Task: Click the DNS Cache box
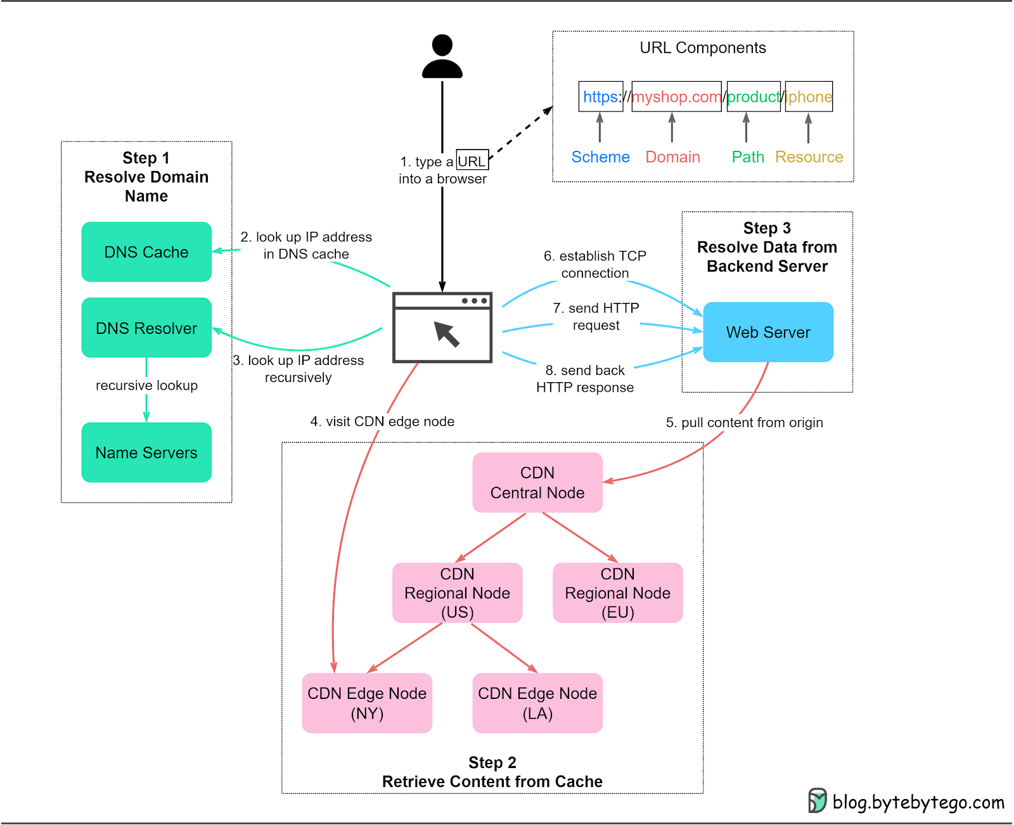[x=146, y=252]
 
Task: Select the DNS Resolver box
[x=146, y=328]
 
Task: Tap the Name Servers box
[x=146, y=452]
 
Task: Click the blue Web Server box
[x=768, y=332]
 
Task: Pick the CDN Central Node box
[x=537, y=482]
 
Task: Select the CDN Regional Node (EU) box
[x=617, y=592]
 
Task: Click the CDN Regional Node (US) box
[x=457, y=592]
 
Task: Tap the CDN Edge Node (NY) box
[x=367, y=703]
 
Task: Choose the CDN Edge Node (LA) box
[x=537, y=703]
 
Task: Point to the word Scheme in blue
[x=600, y=157]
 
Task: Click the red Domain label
[x=672, y=157]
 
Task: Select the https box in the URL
[x=600, y=96]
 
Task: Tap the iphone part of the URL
[x=809, y=96]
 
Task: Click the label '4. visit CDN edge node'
[x=382, y=421]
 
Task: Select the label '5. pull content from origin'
[x=744, y=423]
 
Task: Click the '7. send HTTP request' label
[x=596, y=316]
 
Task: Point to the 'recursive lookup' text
[x=146, y=385]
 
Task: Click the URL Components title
[x=702, y=48]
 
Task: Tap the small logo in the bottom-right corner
[x=817, y=800]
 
